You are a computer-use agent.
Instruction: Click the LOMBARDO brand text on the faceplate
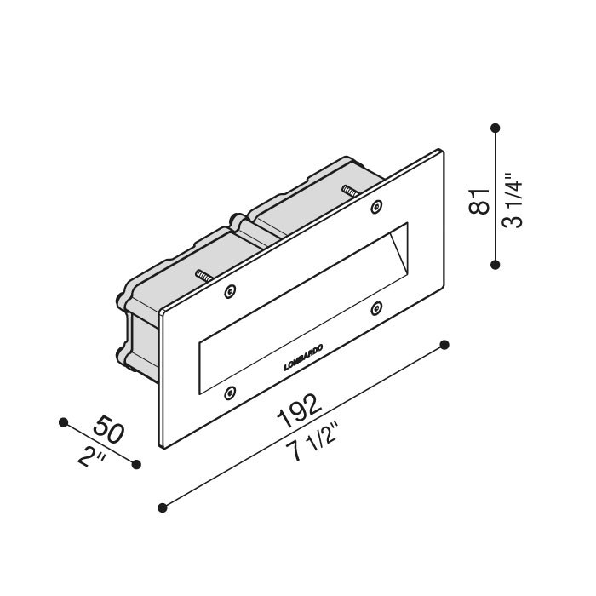303,358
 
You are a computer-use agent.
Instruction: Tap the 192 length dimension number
299,411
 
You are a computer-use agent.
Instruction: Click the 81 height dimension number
479,201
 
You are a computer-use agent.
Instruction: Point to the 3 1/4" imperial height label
512,200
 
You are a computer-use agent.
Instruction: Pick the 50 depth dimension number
109,429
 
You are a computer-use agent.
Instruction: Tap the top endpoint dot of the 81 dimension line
495,128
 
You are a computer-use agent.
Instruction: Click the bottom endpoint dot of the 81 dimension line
495,265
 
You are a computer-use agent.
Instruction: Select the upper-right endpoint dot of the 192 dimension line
444,345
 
